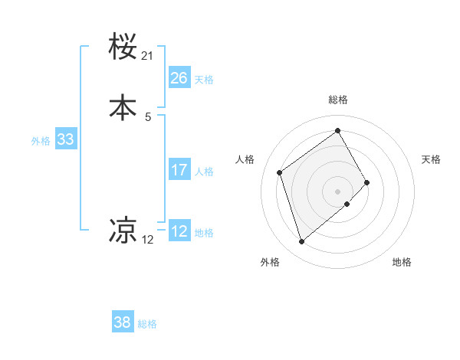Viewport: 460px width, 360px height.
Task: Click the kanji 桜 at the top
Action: (123, 47)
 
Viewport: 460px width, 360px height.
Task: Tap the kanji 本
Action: (123, 107)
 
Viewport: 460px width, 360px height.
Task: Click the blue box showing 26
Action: (179, 78)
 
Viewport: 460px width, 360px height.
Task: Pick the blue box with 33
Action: (65, 139)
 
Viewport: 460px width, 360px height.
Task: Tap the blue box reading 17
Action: (179, 170)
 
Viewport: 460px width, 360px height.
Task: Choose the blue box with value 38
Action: (123, 322)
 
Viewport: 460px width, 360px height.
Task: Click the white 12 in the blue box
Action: (179, 231)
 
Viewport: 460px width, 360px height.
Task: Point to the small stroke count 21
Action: (148, 56)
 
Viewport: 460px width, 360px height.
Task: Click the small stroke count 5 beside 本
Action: (148, 116)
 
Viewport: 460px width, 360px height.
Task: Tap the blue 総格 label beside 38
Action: (147, 324)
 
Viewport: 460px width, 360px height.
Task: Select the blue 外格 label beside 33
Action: (41, 141)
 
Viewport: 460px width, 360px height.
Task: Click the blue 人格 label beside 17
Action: (204, 172)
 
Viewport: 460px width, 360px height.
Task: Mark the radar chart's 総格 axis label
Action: (338, 100)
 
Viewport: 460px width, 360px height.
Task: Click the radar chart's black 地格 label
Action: (402, 262)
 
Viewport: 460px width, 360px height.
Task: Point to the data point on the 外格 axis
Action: (301, 242)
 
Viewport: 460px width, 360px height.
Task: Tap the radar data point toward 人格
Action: (280, 172)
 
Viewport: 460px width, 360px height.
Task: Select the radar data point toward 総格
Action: (338, 130)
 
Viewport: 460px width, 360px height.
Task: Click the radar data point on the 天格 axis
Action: (367, 182)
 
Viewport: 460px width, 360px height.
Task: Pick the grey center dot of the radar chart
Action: (338, 190)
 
